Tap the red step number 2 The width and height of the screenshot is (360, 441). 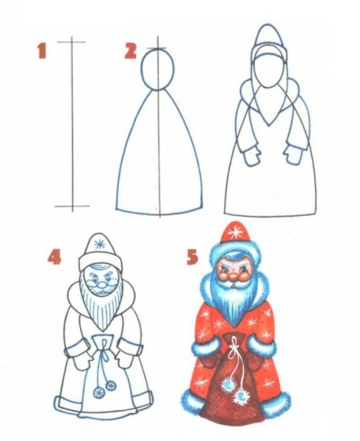click(130, 51)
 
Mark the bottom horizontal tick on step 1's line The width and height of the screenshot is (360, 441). click(72, 207)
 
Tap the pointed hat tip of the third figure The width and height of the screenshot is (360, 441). click(267, 28)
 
